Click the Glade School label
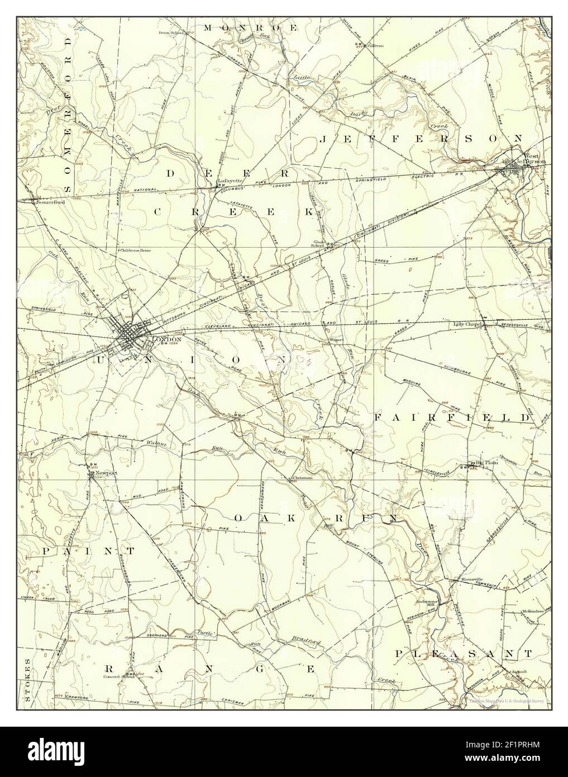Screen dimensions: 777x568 (x=317, y=243)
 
